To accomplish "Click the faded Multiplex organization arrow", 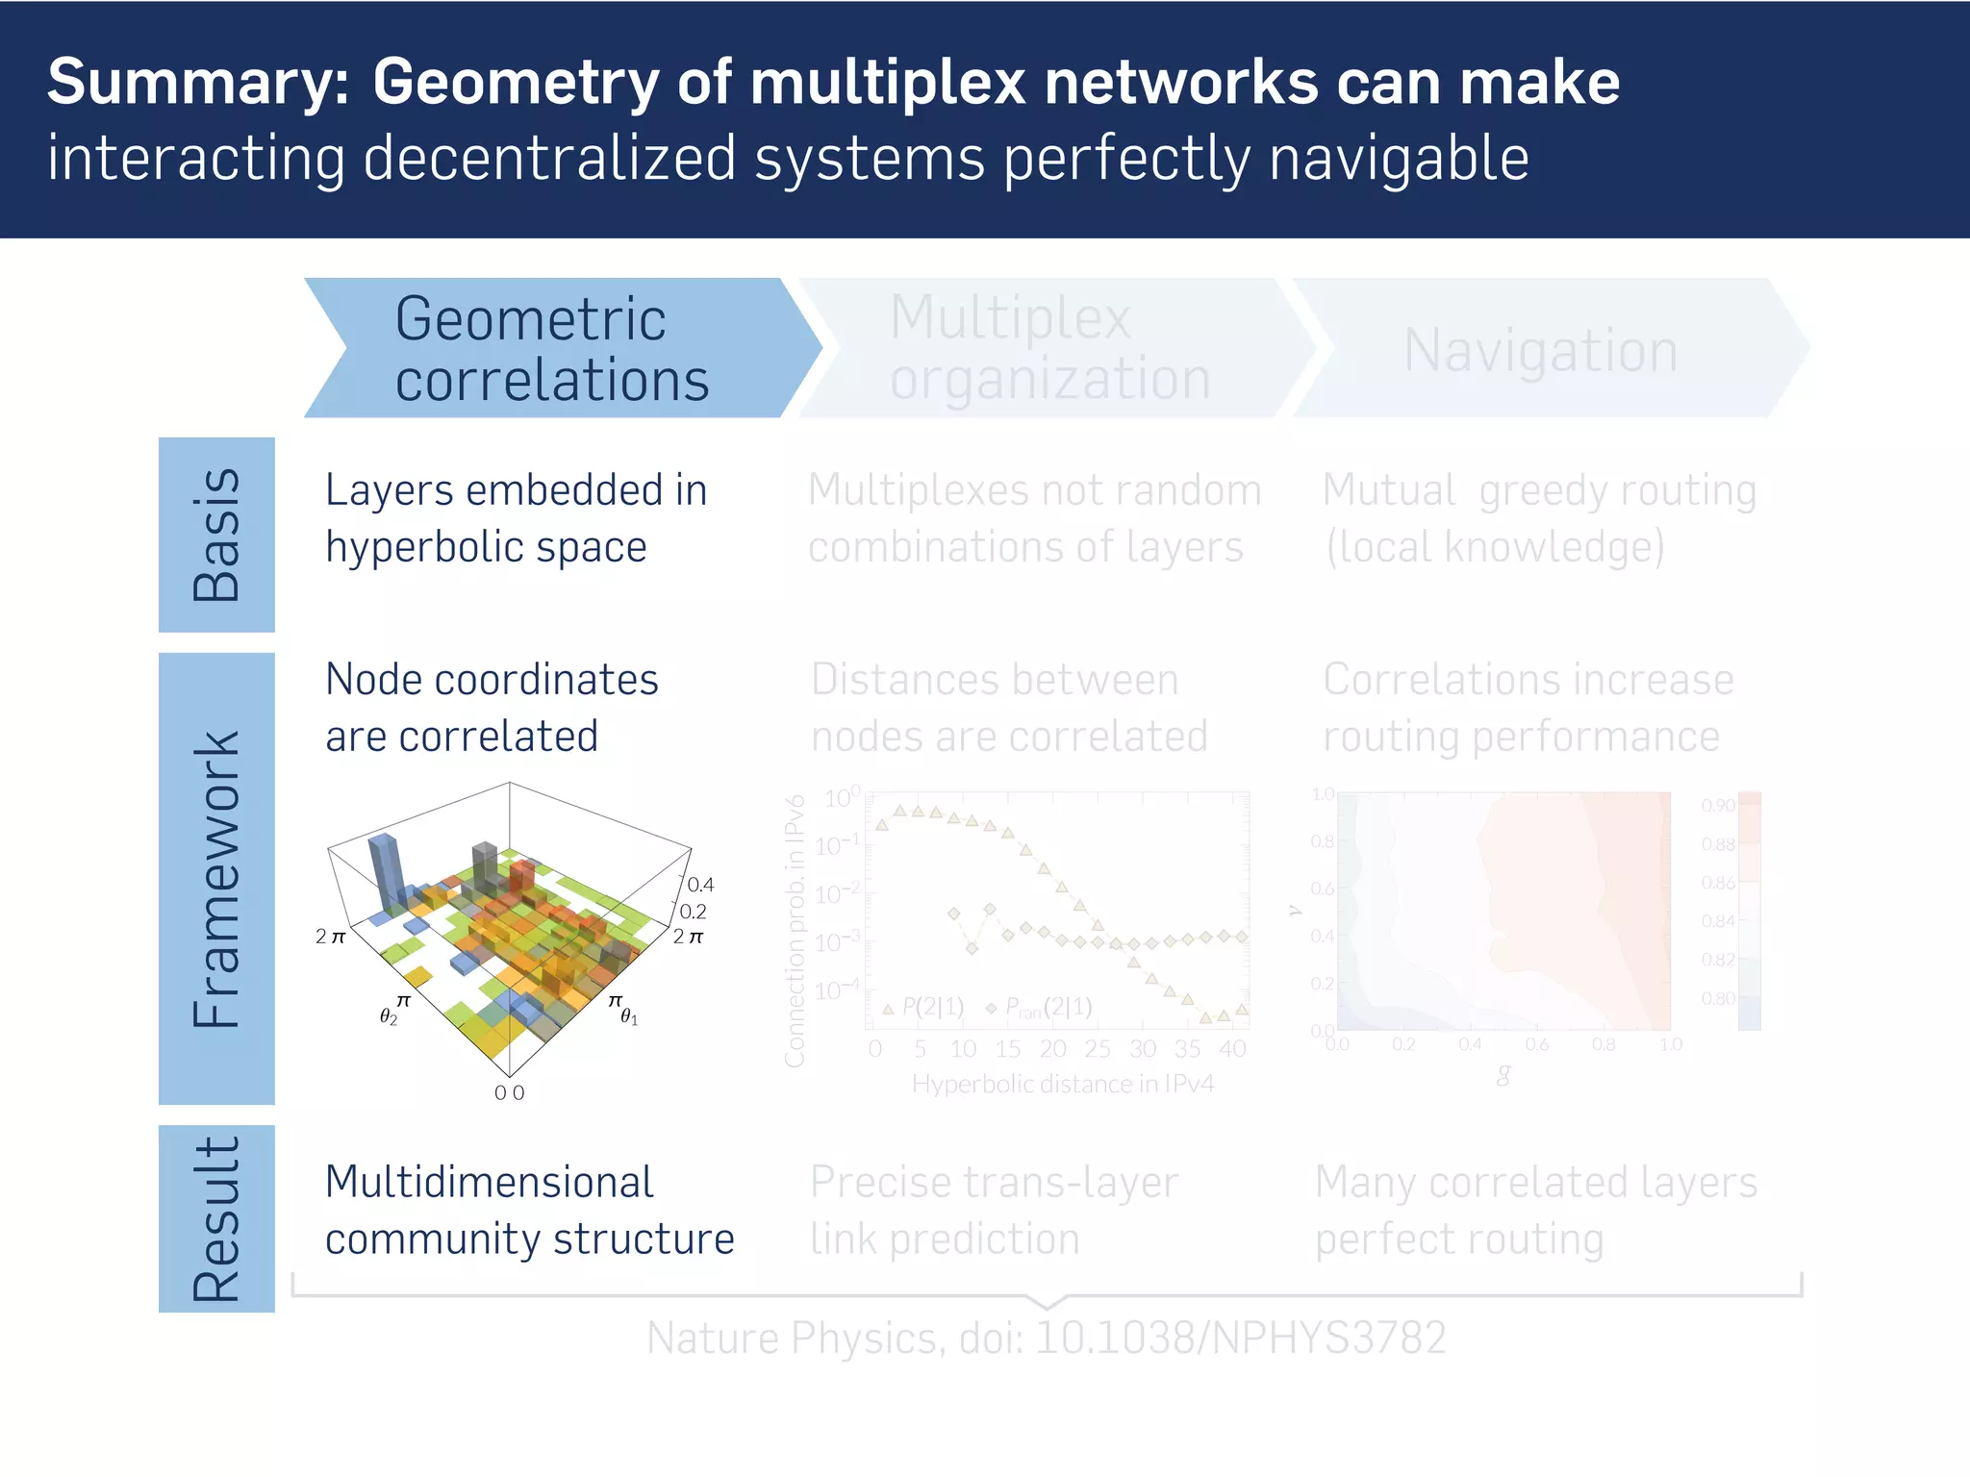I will coord(1048,348).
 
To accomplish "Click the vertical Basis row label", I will coord(216,535).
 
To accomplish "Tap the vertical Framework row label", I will coord(216,878).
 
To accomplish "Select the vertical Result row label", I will coord(216,1218).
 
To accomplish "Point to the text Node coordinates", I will coord(492,680).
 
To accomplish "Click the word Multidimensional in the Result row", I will coord(489,1183).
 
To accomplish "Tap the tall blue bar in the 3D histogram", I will coord(384,870).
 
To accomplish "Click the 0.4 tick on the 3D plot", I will coord(700,885).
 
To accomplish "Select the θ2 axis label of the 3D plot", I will coord(388,1016).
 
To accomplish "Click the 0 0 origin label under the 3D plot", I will coord(509,1093).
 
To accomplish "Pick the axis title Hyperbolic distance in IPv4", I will coord(1062,1085).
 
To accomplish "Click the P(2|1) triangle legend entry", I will coord(923,1008).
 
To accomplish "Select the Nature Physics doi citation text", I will coord(1046,1339).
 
